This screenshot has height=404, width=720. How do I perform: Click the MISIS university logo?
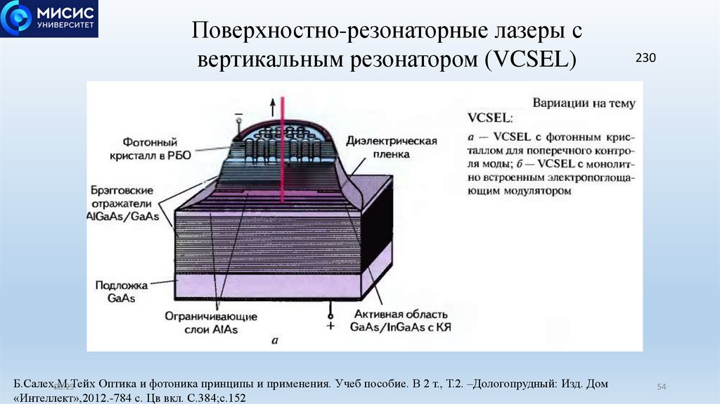49,19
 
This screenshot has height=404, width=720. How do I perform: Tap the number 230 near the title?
645,58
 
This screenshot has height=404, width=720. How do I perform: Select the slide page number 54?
661,387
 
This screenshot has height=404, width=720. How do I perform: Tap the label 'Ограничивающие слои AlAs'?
211,323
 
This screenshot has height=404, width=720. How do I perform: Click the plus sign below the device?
328,326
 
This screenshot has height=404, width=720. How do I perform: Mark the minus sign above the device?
238,113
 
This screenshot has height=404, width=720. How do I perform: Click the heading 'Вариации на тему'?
584,103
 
